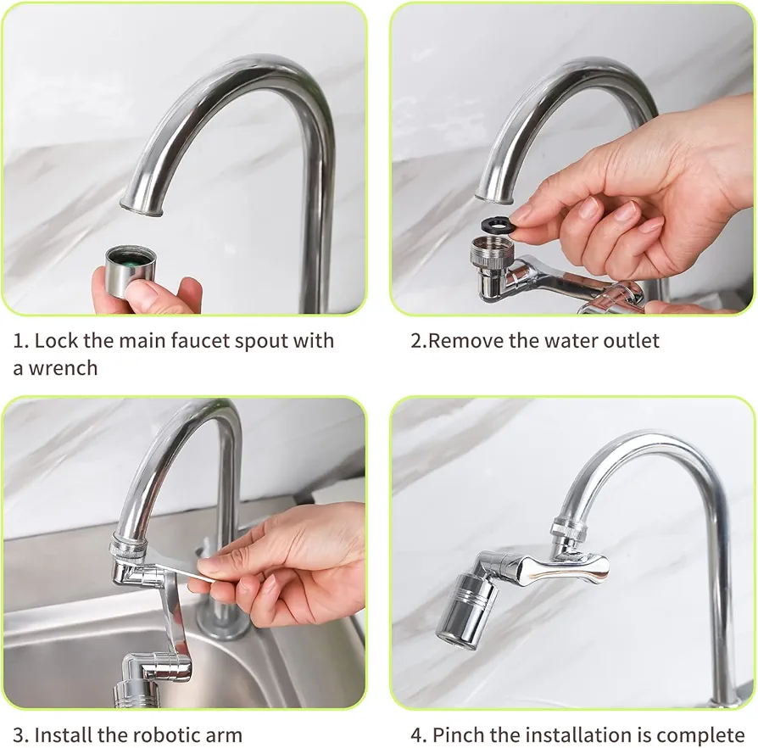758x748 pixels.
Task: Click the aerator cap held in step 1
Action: coord(129,271)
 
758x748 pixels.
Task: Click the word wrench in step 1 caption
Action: coord(63,368)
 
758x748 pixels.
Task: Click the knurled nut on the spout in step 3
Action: coord(129,546)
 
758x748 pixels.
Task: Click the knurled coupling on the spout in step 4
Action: coord(570,530)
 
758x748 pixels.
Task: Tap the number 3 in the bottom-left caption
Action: coord(19,735)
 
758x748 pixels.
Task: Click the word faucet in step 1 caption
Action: coord(199,341)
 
